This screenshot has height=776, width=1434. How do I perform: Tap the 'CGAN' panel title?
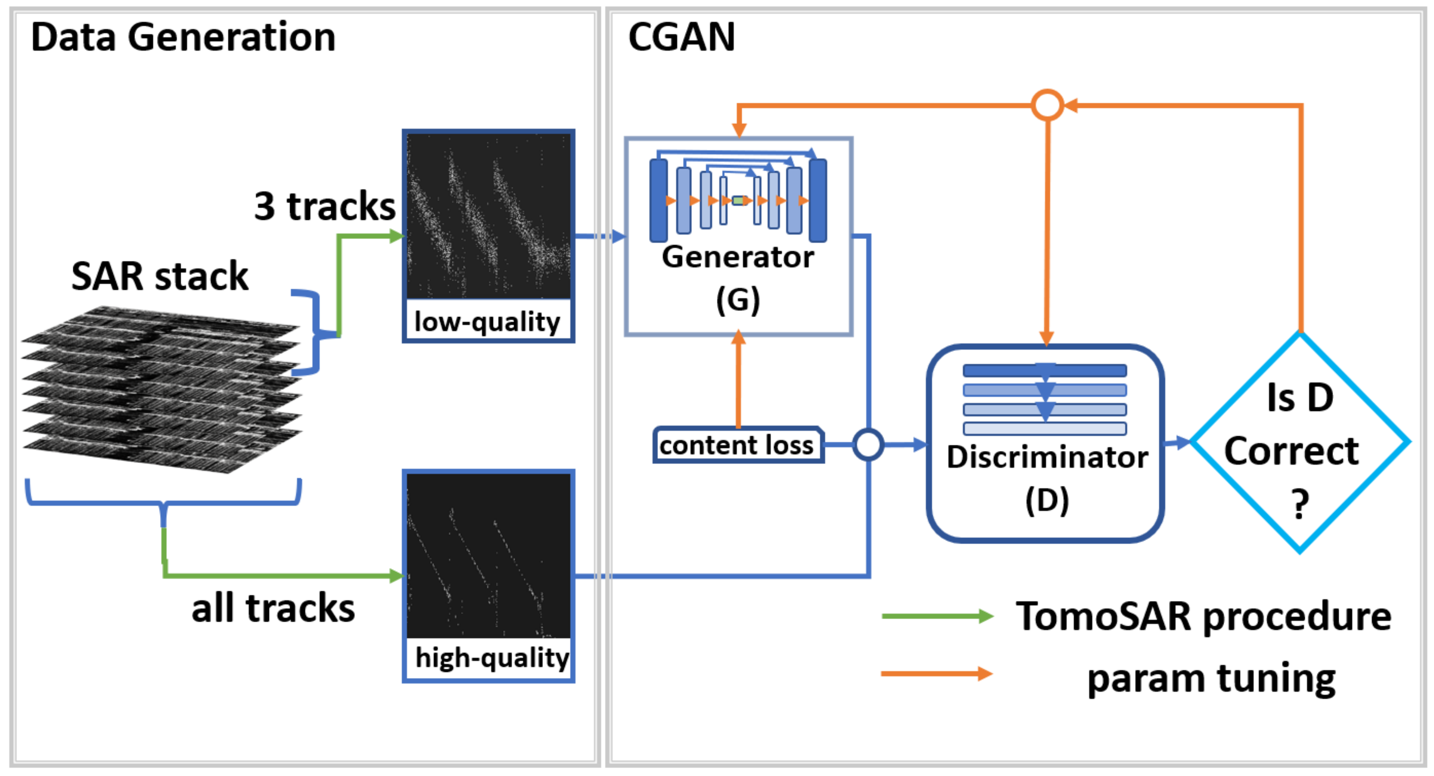click(681, 37)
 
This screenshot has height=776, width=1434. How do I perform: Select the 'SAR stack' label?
click(160, 276)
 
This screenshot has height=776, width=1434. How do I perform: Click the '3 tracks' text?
click(325, 206)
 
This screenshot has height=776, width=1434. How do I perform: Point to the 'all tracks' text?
click(273, 608)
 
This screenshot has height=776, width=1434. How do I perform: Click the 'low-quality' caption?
click(487, 322)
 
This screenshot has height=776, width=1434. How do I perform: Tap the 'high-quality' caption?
click(492, 657)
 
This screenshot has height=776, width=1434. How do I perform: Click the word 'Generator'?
click(738, 257)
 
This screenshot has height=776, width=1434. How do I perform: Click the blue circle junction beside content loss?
click(868, 444)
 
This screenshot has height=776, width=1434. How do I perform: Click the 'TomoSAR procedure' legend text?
click(1203, 616)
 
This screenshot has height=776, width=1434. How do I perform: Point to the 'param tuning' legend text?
click(1211, 679)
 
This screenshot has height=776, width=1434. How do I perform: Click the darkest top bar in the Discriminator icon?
click(1044, 370)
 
